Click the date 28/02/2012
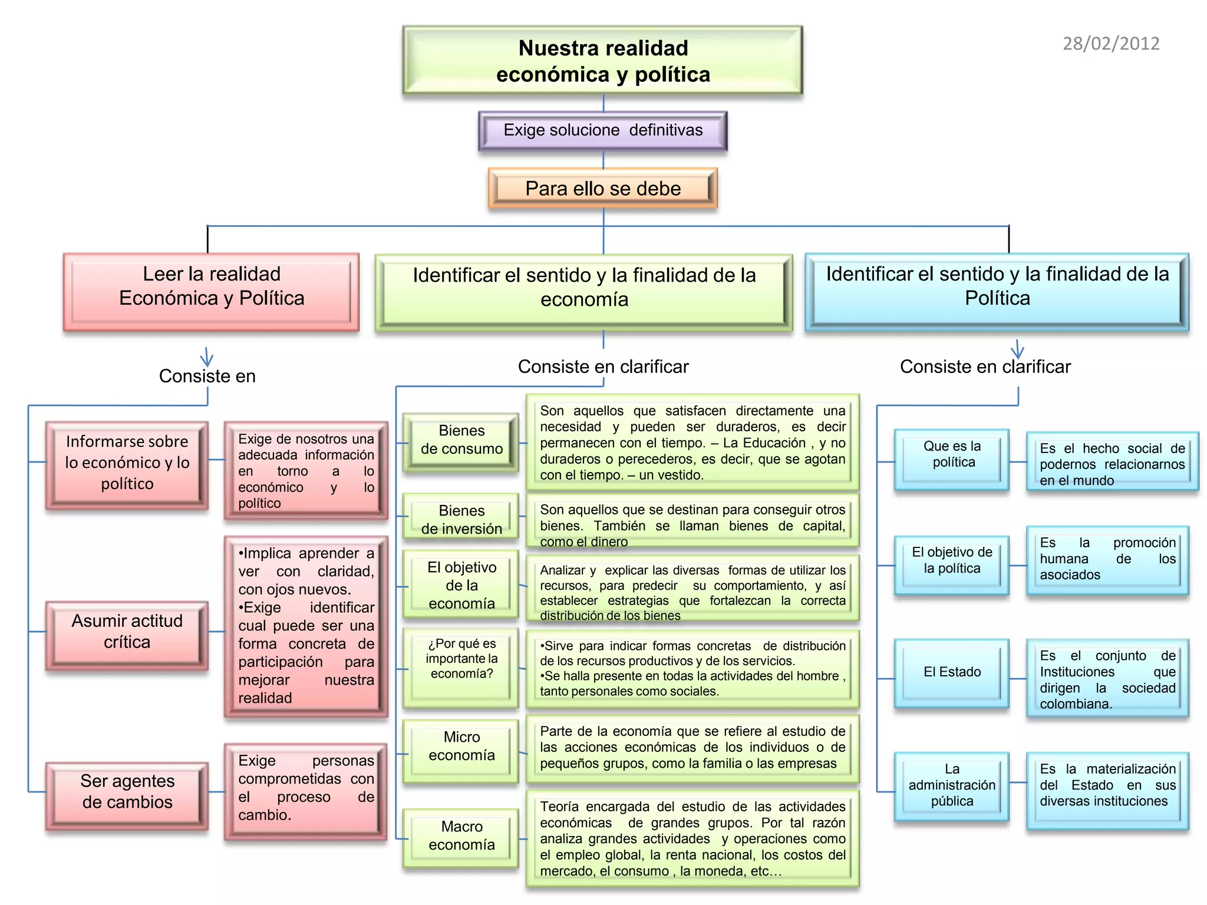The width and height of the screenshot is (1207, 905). [x=1111, y=44]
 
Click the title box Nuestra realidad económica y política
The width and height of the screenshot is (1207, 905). [x=603, y=61]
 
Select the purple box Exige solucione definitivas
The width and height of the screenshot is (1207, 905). [x=603, y=130]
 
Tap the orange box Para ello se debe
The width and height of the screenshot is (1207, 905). [x=603, y=189]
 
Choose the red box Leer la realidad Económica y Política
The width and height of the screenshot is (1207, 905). [x=212, y=292]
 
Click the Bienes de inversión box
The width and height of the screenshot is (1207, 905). [x=461, y=518]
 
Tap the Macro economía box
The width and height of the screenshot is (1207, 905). [x=461, y=839]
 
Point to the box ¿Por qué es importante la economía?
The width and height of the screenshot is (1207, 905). [x=461, y=668]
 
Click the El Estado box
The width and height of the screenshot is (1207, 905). [x=952, y=673]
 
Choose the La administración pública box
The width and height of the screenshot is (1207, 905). [x=952, y=787]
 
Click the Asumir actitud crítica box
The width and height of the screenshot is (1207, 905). [x=127, y=635]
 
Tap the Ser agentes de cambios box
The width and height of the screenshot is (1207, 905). [x=127, y=795]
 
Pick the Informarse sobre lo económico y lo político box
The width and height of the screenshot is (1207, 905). [x=127, y=465]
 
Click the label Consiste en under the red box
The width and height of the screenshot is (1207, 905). [x=207, y=376]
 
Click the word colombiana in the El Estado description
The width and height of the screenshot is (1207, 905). [x=1076, y=704]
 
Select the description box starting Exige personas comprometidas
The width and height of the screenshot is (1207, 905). [x=306, y=791]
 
